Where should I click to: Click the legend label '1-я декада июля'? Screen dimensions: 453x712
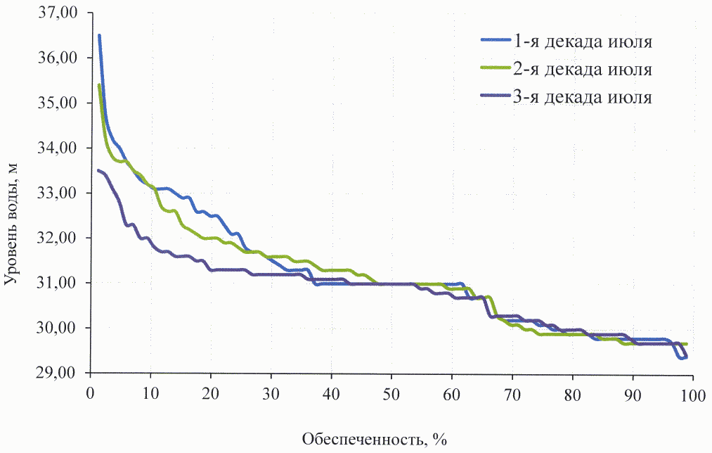pos(584,42)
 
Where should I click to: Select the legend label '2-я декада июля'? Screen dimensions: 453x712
pos(584,70)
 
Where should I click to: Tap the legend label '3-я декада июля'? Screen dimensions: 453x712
pos(584,97)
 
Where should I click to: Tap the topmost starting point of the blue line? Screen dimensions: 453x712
pos(99,35)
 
